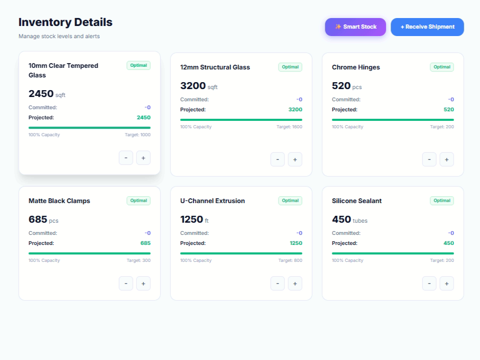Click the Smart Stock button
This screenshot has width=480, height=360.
(x=355, y=27)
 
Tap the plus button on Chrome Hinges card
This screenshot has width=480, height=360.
(x=447, y=160)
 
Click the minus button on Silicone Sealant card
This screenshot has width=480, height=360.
(x=429, y=284)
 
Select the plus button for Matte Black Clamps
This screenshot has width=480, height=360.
(x=143, y=284)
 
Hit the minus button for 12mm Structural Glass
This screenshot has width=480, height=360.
(x=277, y=160)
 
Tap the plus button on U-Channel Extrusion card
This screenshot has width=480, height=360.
(x=295, y=284)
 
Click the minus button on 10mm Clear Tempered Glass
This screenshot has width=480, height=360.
(x=126, y=158)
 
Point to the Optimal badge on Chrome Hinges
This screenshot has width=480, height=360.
(x=442, y=67)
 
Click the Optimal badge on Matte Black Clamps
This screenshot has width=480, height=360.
(x=138, y=200)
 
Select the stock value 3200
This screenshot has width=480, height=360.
(x=193, y=86)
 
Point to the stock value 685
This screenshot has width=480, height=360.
(x=38, y=219)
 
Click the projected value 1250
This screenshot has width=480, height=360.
(x=296, y=243)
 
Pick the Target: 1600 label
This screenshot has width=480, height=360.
(x=289, y=127)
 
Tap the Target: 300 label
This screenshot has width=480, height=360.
(x=138, y=260)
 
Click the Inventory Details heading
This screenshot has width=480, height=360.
(x=66, y=22)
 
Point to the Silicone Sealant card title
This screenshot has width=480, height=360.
(x=356, y=201)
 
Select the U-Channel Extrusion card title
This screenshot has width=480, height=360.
(x=213, y=201)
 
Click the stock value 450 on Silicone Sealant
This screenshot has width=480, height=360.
(x=342, y=219)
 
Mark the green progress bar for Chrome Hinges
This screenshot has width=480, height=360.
(x=393, y=120)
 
